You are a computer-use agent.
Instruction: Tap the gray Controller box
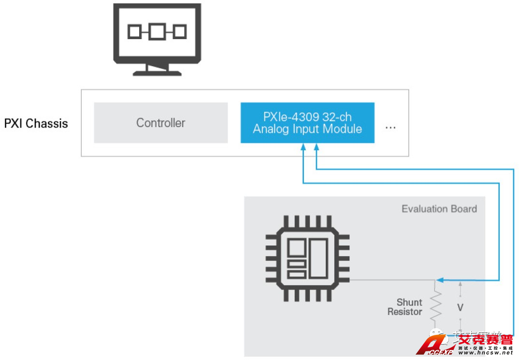point(160,123)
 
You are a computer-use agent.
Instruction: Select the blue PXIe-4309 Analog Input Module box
point(307,123)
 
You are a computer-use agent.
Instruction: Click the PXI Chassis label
point(36,123)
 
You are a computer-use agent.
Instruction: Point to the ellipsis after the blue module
point(390,128)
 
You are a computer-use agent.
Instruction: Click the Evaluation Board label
point(439,209)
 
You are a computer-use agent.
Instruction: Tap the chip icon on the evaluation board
point(307,259)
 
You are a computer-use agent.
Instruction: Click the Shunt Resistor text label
point(405,307)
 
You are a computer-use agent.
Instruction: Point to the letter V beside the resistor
point(460,307)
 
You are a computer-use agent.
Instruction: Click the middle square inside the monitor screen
point(157,32)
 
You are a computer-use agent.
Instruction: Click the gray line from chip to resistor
point(391,280)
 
